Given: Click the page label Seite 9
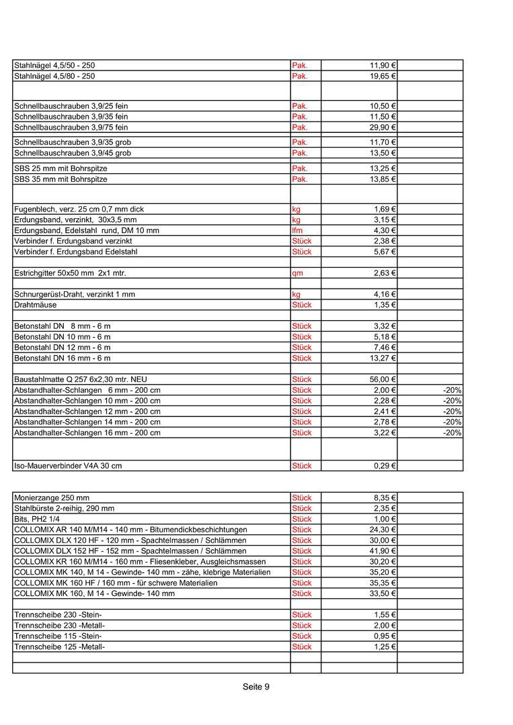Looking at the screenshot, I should point(256,687).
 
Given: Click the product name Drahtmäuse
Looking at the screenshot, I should point(36,305).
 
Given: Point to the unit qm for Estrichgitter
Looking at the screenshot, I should point(297,273).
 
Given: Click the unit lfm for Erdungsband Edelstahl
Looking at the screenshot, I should point(297,230).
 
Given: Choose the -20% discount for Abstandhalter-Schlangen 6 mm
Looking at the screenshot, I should point(452,390).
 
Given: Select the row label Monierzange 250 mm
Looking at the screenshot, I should point(52,498).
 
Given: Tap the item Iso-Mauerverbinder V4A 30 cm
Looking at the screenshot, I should point(68,465).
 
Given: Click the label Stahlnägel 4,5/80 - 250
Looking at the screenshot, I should point(54,77).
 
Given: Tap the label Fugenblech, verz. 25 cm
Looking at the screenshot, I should point(79,209).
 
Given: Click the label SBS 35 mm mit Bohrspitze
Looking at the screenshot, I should point(61,179).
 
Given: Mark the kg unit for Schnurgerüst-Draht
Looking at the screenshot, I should point(297,294).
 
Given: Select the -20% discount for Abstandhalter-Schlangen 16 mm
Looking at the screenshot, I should point(452,433).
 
